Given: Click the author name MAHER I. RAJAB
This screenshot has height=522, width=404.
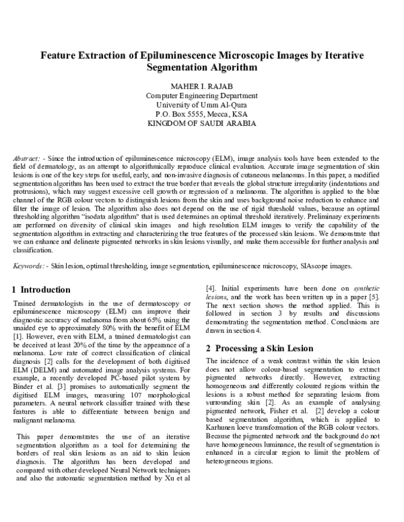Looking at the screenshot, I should (x=201, y=85).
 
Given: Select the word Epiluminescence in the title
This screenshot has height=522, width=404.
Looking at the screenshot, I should (x=180, y=55).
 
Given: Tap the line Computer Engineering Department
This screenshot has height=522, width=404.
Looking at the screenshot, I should (x=201, y=96).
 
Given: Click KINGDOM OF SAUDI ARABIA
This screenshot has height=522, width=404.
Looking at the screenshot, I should (x=201, y=124).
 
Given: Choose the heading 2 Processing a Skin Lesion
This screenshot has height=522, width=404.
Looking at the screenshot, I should (x=259, y=348).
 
